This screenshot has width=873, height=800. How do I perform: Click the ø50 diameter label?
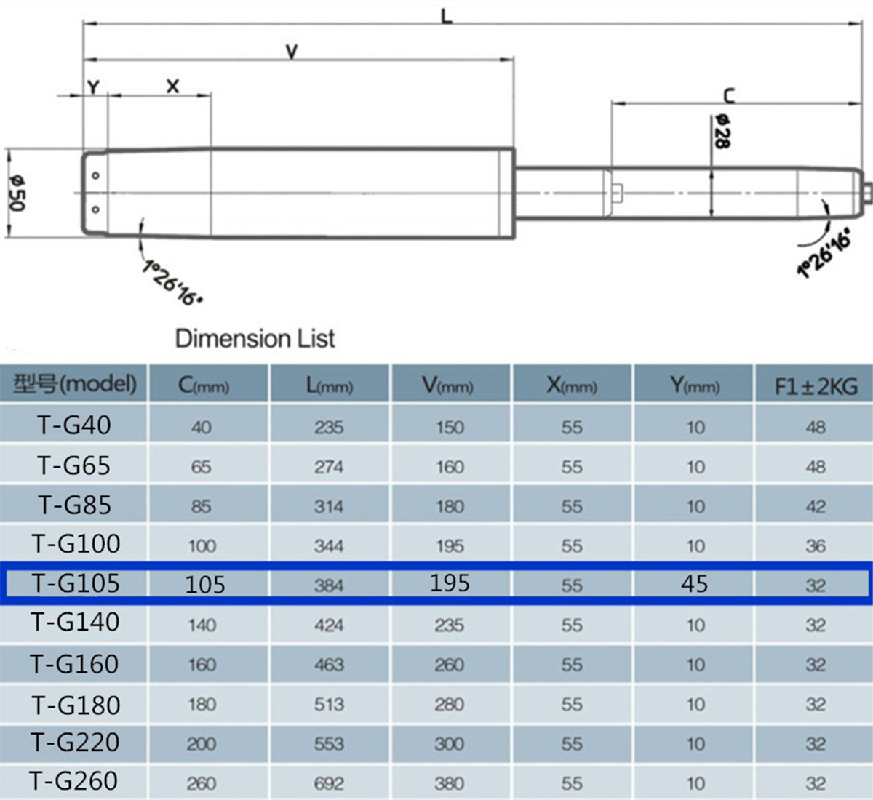17,193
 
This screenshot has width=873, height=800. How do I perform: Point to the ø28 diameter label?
722,132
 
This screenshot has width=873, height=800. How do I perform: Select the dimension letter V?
292,52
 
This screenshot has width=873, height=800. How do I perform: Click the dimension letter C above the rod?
729,95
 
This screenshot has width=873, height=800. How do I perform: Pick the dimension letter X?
172,87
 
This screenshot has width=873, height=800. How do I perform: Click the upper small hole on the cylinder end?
95,176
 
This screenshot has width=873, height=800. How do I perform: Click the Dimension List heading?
255,338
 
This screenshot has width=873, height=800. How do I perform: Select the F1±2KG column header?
816,385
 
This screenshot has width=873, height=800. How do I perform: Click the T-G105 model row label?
76,583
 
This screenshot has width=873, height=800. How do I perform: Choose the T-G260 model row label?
74,781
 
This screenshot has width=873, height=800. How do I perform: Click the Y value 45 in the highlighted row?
694,583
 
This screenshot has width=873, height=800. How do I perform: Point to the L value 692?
329,783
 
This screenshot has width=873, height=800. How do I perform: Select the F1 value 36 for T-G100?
816,545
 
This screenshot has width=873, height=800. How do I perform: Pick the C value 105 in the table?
205,584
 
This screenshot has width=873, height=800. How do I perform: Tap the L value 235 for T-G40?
329,427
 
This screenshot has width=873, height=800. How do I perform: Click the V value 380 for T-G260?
449,783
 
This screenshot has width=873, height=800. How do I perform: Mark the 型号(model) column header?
74,383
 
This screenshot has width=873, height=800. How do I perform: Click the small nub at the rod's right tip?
867,192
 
